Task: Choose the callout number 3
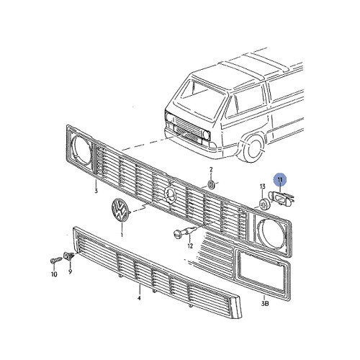click(95, 192)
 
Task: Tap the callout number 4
click(139, 296)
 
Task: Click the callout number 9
click(71, 274)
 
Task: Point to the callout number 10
click(53, 274)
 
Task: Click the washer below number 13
click(265, 205)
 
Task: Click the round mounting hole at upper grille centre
click(169, 192)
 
